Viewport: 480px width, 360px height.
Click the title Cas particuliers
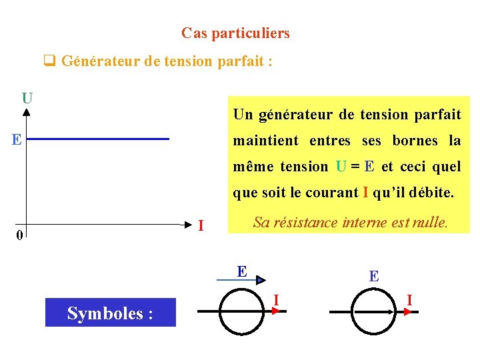coord(235,33)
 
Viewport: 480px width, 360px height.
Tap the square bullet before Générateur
coord(49,62)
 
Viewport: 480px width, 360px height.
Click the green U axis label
coord(27,98)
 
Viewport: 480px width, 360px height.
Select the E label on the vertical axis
coord(16,139)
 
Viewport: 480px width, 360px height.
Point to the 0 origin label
coord(20,235)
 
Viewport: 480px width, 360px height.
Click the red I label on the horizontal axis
coord(201,226)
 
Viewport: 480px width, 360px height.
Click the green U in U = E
coord(341,167)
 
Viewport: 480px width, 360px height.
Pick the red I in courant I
coord(365,193)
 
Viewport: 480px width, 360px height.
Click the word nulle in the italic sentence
coord(429,223)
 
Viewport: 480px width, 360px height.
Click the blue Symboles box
coord(111,312)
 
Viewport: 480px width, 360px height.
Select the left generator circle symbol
coord(243,311)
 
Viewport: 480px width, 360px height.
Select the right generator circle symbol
coord(375,312)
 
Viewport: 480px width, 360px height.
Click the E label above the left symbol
coord(243,271)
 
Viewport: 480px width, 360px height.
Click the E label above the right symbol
coord(374,275)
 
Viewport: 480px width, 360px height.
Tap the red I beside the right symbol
coord(409,301)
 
